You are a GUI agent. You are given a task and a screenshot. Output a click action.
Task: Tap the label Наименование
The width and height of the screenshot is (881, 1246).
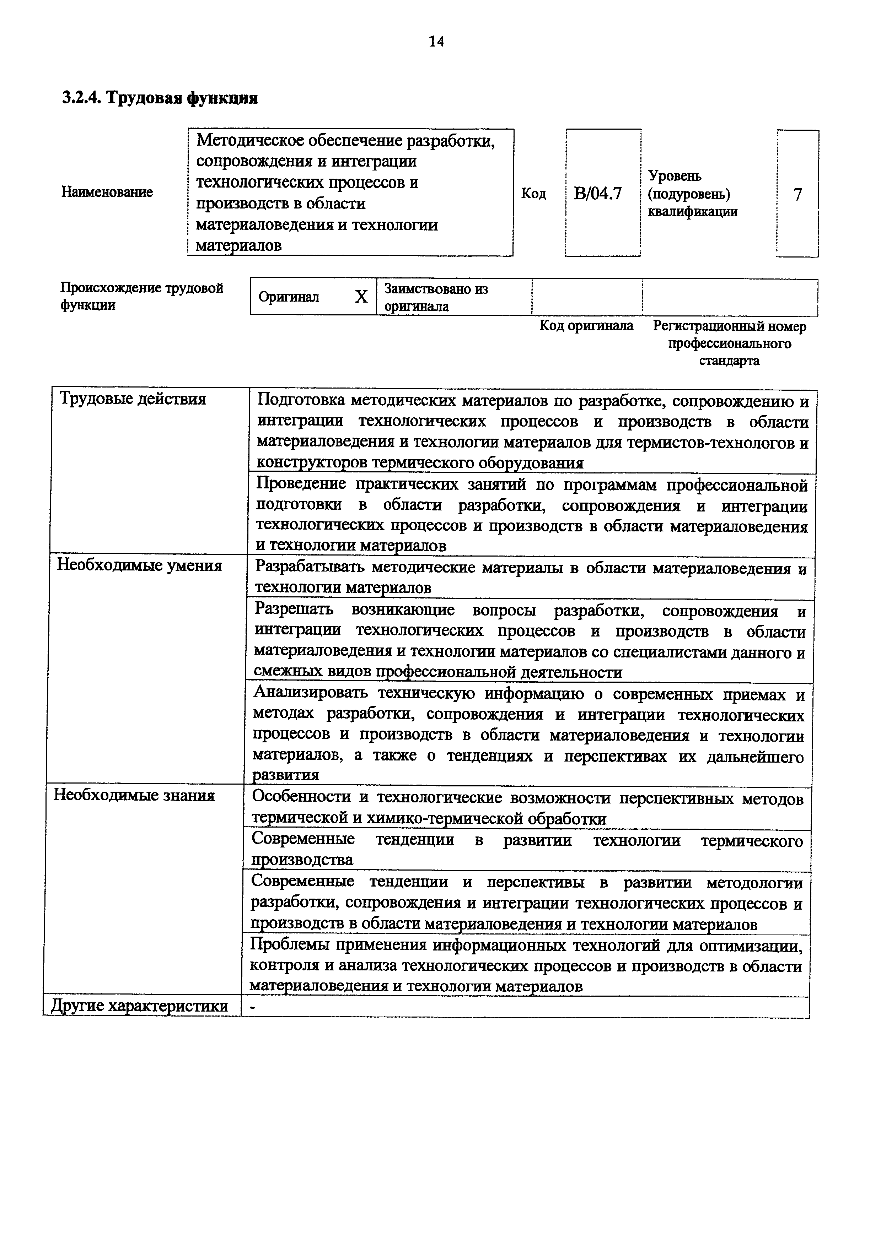107,192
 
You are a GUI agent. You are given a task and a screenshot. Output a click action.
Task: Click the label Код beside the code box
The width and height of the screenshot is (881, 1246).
533,194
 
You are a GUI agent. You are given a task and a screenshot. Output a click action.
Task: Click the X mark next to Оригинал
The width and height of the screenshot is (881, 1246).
361,297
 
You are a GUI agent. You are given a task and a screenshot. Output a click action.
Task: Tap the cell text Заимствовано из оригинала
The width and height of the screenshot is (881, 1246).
436,297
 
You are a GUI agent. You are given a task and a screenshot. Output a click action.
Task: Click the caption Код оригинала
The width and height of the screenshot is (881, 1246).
586,326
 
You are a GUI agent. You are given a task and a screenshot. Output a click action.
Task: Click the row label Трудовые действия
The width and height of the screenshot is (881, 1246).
133,400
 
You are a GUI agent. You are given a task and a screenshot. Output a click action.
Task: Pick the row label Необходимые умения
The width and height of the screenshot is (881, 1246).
140,566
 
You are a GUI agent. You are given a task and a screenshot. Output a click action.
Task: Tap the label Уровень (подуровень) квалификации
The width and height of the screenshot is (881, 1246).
692,194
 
